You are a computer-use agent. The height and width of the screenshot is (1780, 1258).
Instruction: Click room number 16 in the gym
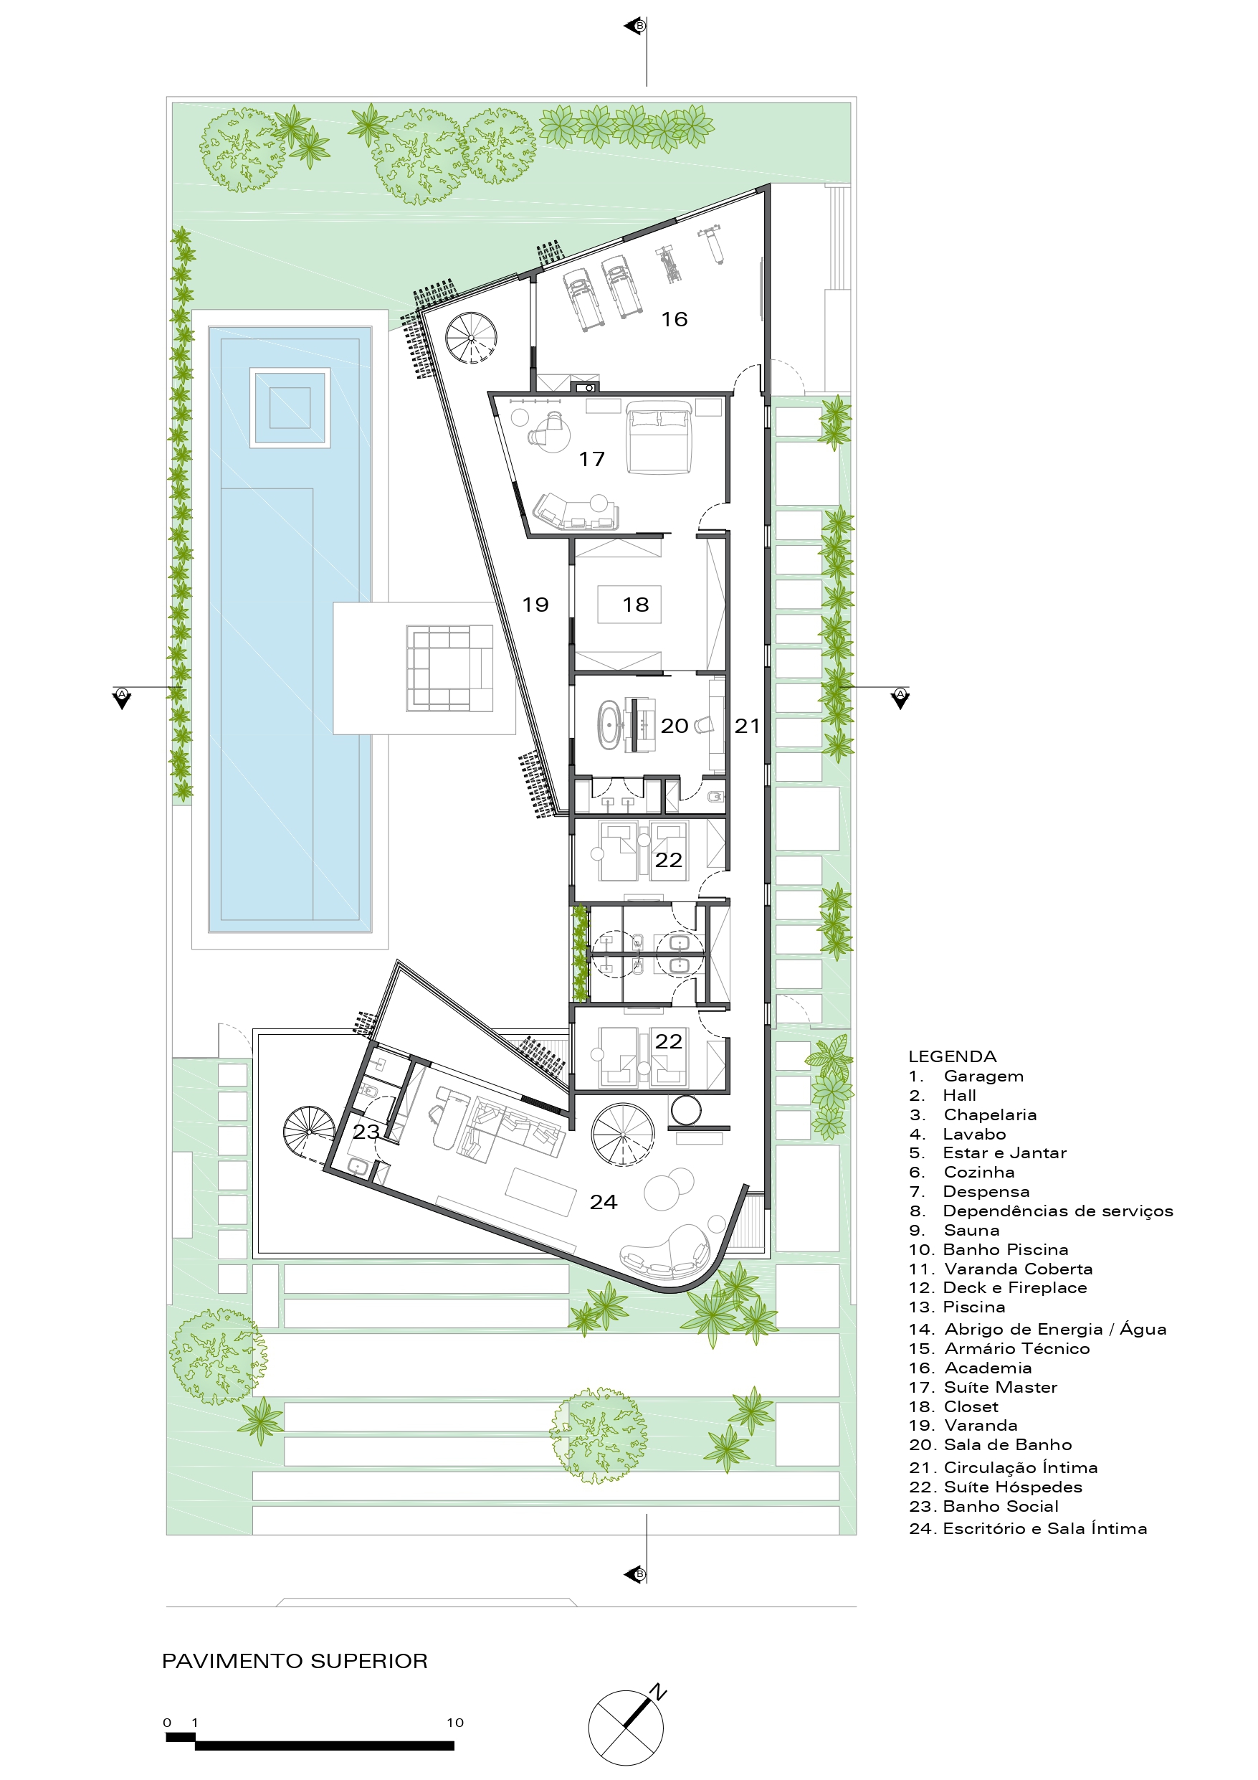(674, 319)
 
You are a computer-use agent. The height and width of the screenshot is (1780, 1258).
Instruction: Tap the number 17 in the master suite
(591, 460)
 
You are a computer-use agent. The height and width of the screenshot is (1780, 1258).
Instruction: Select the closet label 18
(636, 605)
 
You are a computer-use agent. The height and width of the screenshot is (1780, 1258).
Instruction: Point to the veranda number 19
(535, 605)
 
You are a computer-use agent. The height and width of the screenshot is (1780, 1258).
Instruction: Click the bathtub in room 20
(609, 726)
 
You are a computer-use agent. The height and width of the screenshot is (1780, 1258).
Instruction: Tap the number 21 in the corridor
(747, 726)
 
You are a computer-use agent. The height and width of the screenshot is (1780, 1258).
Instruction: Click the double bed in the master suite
(658, 437)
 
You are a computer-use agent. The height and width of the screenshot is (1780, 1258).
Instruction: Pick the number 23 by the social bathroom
(366, 1132)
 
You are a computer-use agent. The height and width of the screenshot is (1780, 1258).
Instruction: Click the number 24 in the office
(603, 1203)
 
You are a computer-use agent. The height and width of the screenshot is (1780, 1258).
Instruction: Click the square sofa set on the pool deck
(449, 669)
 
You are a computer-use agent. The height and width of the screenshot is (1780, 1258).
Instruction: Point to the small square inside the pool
(290, 408)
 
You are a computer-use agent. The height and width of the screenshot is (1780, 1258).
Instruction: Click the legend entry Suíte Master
(983, 1388)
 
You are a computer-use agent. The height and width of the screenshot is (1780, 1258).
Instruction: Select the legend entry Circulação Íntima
(1003, 1467)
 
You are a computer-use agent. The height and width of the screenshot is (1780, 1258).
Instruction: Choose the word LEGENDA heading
(952, 1056)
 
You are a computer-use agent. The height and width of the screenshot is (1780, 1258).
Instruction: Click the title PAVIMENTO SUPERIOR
(295, 1662)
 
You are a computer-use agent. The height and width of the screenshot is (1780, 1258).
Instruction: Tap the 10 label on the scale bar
(455, 1723)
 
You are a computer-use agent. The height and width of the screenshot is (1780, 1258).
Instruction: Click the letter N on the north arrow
(657, 1693)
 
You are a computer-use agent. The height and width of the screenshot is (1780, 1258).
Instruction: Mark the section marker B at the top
(639, 27)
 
